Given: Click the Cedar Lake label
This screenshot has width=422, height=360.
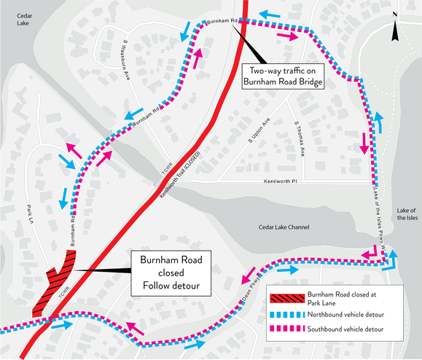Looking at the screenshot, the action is point(25,20).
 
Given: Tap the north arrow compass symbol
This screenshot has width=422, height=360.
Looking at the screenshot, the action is point(395,26).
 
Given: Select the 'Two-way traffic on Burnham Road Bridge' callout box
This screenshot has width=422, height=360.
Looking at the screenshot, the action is point(283,76).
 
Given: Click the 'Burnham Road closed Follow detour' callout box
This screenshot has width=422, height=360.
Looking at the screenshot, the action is point(171,273).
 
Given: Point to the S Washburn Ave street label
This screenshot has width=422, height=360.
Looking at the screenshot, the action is point(126,60).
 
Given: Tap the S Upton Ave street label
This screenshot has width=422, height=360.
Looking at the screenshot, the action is point(259,130).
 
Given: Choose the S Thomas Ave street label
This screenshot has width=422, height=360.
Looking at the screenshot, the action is point(300,139).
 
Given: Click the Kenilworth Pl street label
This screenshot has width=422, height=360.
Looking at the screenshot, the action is point(281,181).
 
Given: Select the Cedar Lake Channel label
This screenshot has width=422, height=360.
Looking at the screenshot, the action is point(284,227).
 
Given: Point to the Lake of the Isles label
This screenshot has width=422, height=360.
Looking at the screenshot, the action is point(407,214).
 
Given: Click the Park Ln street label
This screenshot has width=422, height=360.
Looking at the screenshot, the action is point(31,214).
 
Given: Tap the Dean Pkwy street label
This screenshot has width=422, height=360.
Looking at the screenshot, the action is point(251,289).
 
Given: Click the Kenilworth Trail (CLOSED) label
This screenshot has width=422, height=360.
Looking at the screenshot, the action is point(181,175).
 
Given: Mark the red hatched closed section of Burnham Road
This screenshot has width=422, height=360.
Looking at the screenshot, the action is point(54,283).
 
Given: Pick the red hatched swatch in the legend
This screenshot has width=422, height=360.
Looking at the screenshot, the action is point(287,299).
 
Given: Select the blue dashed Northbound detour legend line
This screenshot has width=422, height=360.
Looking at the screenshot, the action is point(287,314).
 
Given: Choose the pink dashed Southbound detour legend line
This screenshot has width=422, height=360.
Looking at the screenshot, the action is point(287,329).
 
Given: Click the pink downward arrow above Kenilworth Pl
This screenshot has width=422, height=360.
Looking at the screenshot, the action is point(364,143).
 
